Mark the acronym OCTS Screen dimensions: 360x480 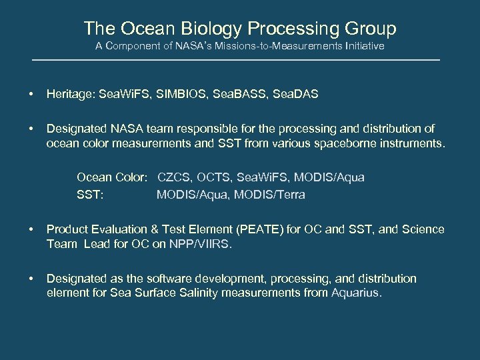point(214,177)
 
